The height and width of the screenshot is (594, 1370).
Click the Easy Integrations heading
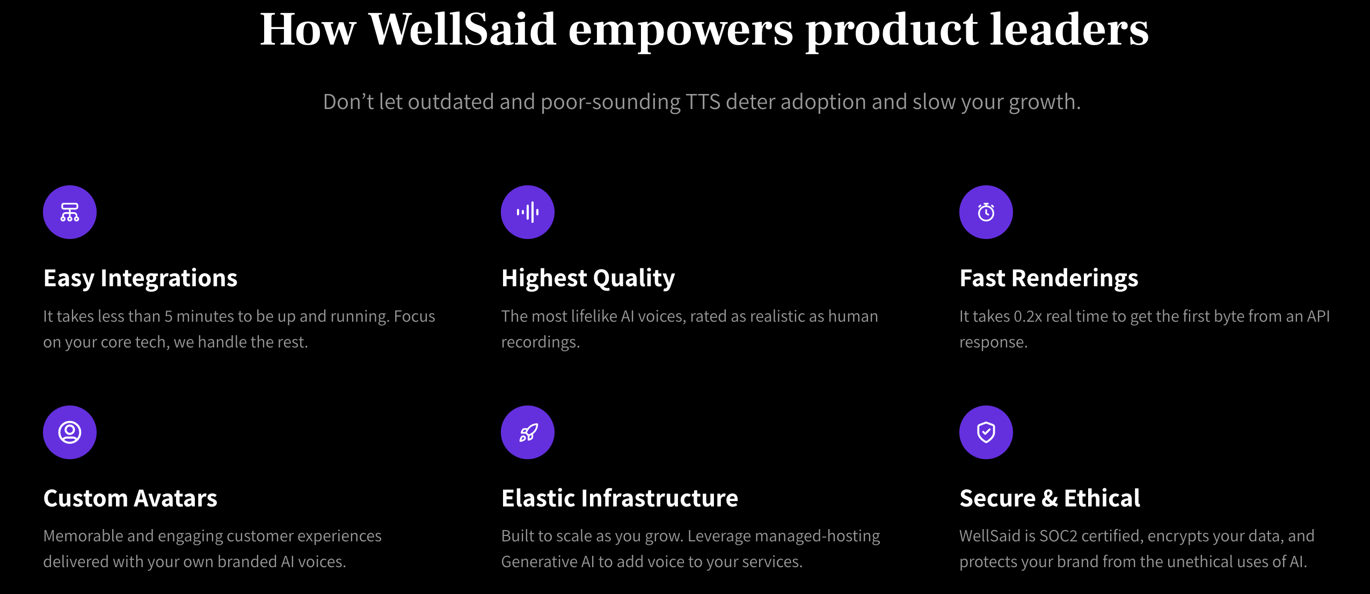140,278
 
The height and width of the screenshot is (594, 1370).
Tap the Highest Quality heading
588,278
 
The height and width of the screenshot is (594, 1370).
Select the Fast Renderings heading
1048,278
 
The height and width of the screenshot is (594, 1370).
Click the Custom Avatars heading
130,498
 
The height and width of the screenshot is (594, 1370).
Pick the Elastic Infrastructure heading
620,498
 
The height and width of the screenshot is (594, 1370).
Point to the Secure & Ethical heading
1050,498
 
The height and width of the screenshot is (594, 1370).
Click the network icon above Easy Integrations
70,212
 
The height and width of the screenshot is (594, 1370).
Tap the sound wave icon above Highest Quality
528,212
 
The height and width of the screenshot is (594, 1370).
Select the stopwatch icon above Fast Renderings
986,212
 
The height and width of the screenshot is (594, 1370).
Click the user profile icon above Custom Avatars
70,432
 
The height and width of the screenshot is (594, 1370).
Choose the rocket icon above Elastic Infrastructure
528,432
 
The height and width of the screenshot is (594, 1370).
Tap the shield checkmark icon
986,432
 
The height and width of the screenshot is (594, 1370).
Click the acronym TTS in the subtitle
703,102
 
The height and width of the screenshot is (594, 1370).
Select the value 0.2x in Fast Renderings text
1027,316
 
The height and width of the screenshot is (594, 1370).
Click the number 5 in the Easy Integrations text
168,316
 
